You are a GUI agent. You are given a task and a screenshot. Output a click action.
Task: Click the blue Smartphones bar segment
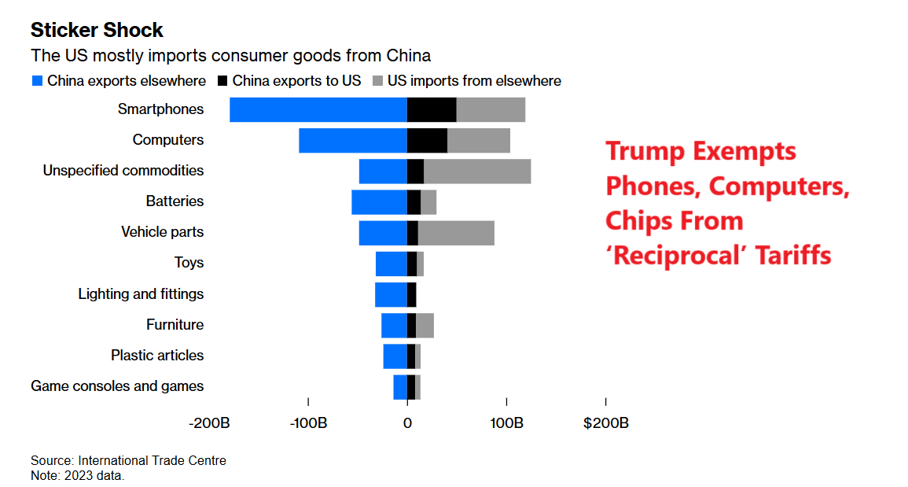pos(318,109)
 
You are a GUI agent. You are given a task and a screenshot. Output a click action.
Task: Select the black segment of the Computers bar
pos(427,140)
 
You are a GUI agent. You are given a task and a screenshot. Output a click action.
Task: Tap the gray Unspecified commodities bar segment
pos(477,171)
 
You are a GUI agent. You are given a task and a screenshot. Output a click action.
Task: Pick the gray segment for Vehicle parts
pos(456,233)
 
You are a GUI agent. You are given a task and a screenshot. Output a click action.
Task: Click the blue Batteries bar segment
pos(379,202)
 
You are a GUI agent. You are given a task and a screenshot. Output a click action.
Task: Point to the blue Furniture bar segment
pos(394,325)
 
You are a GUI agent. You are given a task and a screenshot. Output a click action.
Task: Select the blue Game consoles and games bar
pos(400,387)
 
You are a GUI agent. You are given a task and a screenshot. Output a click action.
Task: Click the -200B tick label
pos(209,423)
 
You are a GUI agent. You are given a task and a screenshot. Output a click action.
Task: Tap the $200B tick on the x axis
pos(605,423)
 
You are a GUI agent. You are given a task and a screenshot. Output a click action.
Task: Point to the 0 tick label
pos(407,423)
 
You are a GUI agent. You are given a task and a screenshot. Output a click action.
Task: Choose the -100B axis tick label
pos(308,423)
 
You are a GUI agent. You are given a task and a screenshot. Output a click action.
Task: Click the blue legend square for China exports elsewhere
pos(37,81)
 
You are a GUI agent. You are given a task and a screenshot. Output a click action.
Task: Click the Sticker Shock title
pos(97,31)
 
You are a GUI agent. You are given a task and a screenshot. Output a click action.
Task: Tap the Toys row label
pos(189,263)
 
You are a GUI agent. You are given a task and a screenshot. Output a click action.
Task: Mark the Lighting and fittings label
pos(141,294)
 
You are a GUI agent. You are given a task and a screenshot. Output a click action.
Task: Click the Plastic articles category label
pos(157,356)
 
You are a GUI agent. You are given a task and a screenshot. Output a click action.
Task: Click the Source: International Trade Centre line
pos(128,461)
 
